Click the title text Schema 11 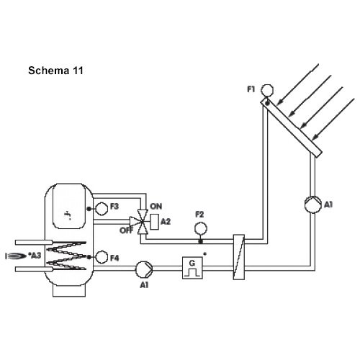coord(55,71)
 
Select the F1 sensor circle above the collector coord(267,90)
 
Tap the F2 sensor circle coord(201,228)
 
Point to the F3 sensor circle coord(102,209)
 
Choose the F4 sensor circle coord(102,257)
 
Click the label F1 coord(251,89)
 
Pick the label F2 coord(199,215)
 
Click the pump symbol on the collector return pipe coord(313,204)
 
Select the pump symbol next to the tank coord(144,269)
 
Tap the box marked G coord(192,268)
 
